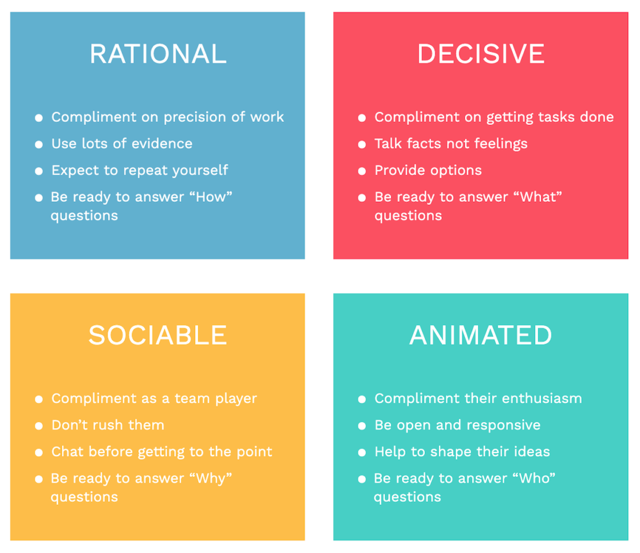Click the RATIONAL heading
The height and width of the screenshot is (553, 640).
(157, 54)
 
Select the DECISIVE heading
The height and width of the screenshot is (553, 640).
(481, 54)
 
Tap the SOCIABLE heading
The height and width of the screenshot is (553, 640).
(157, 336)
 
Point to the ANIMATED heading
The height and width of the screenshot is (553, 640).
(481, 336)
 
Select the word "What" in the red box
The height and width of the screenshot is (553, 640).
(540, 197)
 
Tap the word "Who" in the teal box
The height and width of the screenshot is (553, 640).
(536, 478)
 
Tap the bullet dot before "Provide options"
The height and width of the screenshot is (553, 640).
(362, 171)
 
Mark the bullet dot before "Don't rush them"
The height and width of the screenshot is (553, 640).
(39, 426)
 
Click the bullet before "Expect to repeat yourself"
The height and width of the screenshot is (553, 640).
(39, 171)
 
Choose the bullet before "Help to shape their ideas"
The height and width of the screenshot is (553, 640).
(362, 452)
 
